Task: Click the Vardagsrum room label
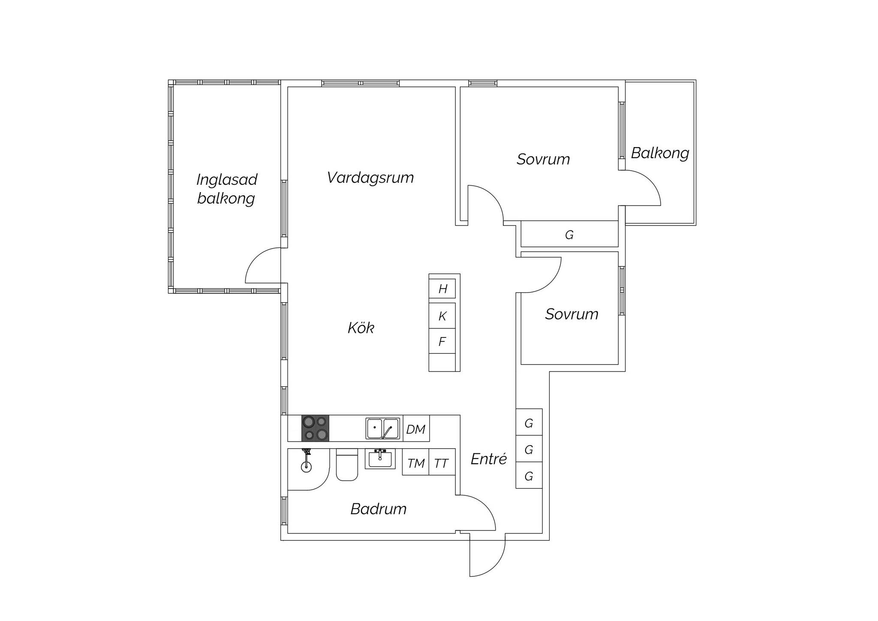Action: pos(370,178)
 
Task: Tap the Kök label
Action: pos(361,328)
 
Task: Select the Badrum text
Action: pos(379,509)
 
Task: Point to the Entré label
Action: pos(489,459)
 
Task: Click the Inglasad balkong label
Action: pos(227,189)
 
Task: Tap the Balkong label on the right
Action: pos(660,153)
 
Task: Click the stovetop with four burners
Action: pos(315,428)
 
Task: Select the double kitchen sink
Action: pos(382,428)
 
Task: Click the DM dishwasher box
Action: pos(416,428)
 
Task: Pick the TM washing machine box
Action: pos(415,462)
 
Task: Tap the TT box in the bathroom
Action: pos(442,462)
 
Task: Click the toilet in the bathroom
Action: pos(347,464)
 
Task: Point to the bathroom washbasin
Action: pos(380,458)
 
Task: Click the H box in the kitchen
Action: pos(442,289)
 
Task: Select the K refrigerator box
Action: pos(442,316)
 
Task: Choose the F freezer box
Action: pos(442,341)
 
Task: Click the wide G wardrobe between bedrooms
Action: pos(569,234)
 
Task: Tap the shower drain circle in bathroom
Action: pos(306,467)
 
